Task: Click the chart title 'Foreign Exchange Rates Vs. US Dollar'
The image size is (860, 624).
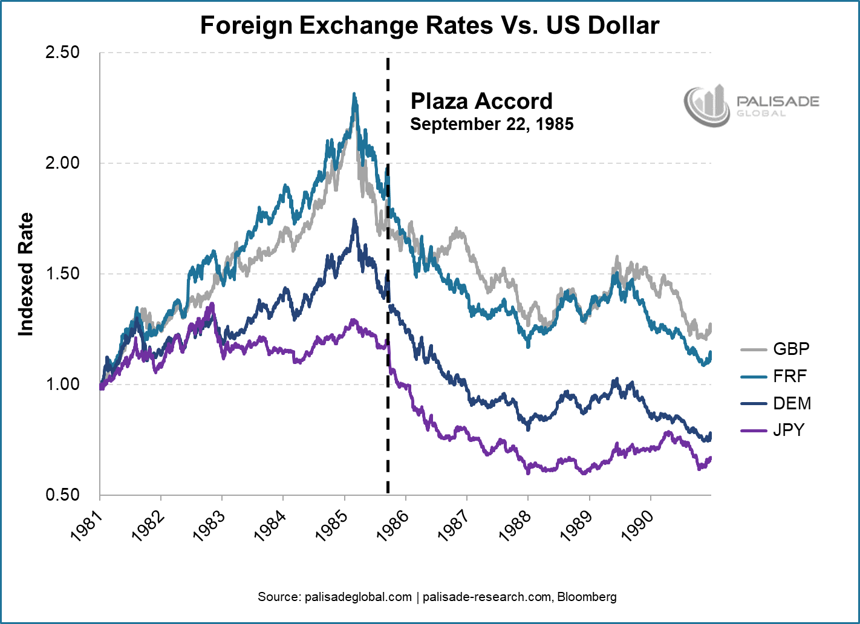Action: pyautogui.click(x=429, y=25)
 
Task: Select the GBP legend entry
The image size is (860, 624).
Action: pyautogui.click(x=791, y=349)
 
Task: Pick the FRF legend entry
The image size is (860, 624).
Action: pyautogui.click(x=790, y=376)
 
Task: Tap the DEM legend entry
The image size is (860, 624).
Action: pyautogui.click(x=792, y=403)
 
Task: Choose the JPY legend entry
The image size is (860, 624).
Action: pyautogui.click(x=789, y=431)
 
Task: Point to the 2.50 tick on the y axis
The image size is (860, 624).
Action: pyautogui.click(x=62, y=53)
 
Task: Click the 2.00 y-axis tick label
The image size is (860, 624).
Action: pyautogui.click(x=62, y=163)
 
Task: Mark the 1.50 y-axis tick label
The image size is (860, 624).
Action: pyautogui.click(x=62, y=274)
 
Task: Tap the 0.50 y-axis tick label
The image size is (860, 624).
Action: pyautogui.click(x=62, y=495)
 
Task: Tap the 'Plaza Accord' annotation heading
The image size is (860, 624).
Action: pyautogui.click(x=481, y=101)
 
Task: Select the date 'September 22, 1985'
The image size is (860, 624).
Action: pyautogui.click(x=492, y=125)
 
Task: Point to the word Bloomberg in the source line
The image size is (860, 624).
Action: pyautogui.click(x=587, y=597)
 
